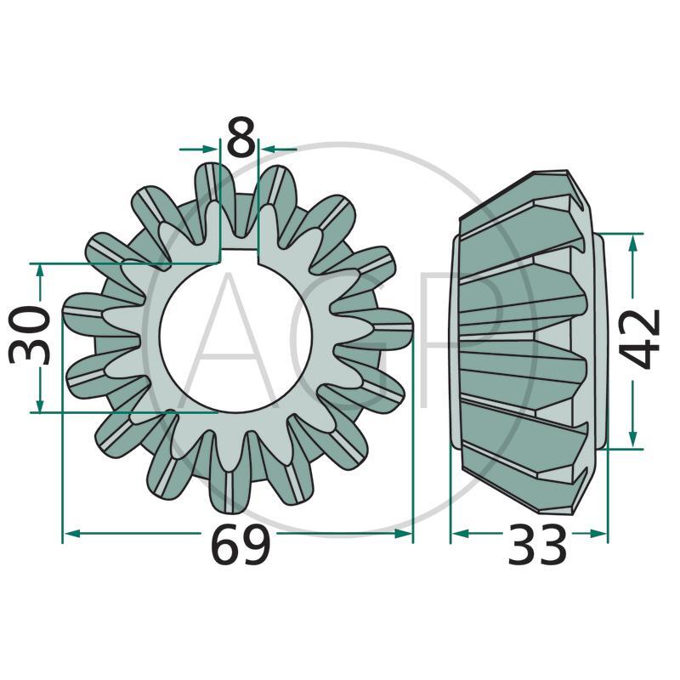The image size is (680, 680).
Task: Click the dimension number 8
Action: (x=241, y=137)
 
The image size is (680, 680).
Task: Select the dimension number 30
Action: (x=30, y=334)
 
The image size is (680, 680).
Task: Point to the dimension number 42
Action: (x=639, y=339)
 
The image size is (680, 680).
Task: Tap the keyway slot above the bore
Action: (x=239, y=257)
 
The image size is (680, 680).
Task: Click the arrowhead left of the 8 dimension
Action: (x=209, y=150)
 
